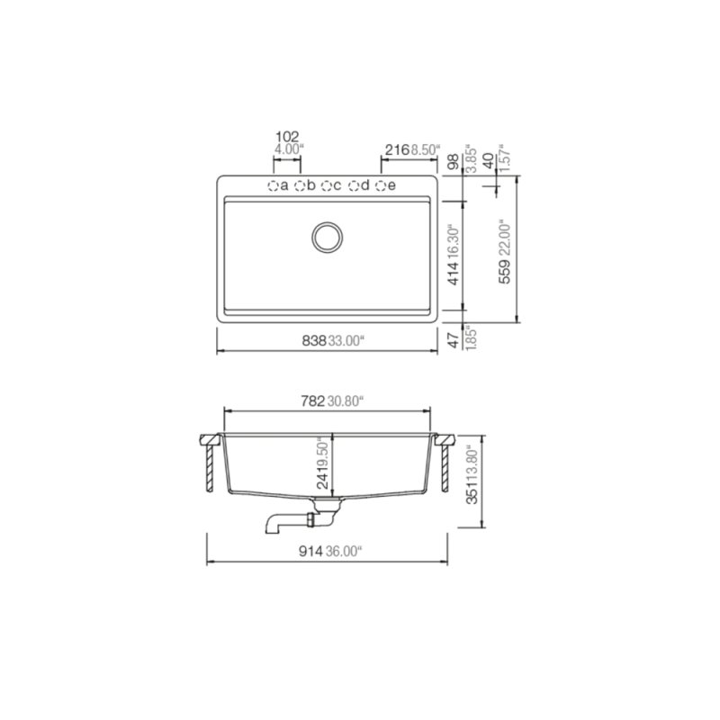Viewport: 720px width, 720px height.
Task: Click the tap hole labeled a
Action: pos(272,185)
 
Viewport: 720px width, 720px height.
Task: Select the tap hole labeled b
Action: pos(300,185)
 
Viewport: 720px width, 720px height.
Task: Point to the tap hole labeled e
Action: pos(381,185)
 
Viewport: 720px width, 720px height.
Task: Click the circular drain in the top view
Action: pos(327,236)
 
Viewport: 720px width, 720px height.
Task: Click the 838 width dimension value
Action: pos(314,340)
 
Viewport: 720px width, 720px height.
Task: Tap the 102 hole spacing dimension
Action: pos(287,137)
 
